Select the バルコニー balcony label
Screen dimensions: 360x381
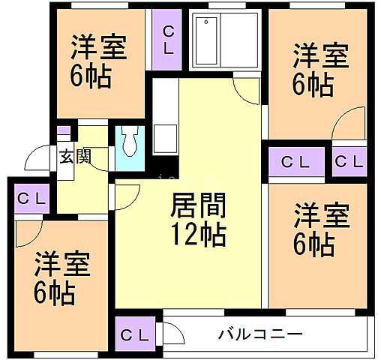coord(261,334)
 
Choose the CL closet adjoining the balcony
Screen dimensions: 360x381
coord(135,333)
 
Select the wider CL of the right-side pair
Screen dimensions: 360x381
coord(297,162)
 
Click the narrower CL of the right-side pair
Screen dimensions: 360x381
coord(349,162)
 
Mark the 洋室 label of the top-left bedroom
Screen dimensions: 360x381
coord(98,46)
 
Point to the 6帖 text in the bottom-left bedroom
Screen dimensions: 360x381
coord(55,292)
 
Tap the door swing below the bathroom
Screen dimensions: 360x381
coord(246,91)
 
